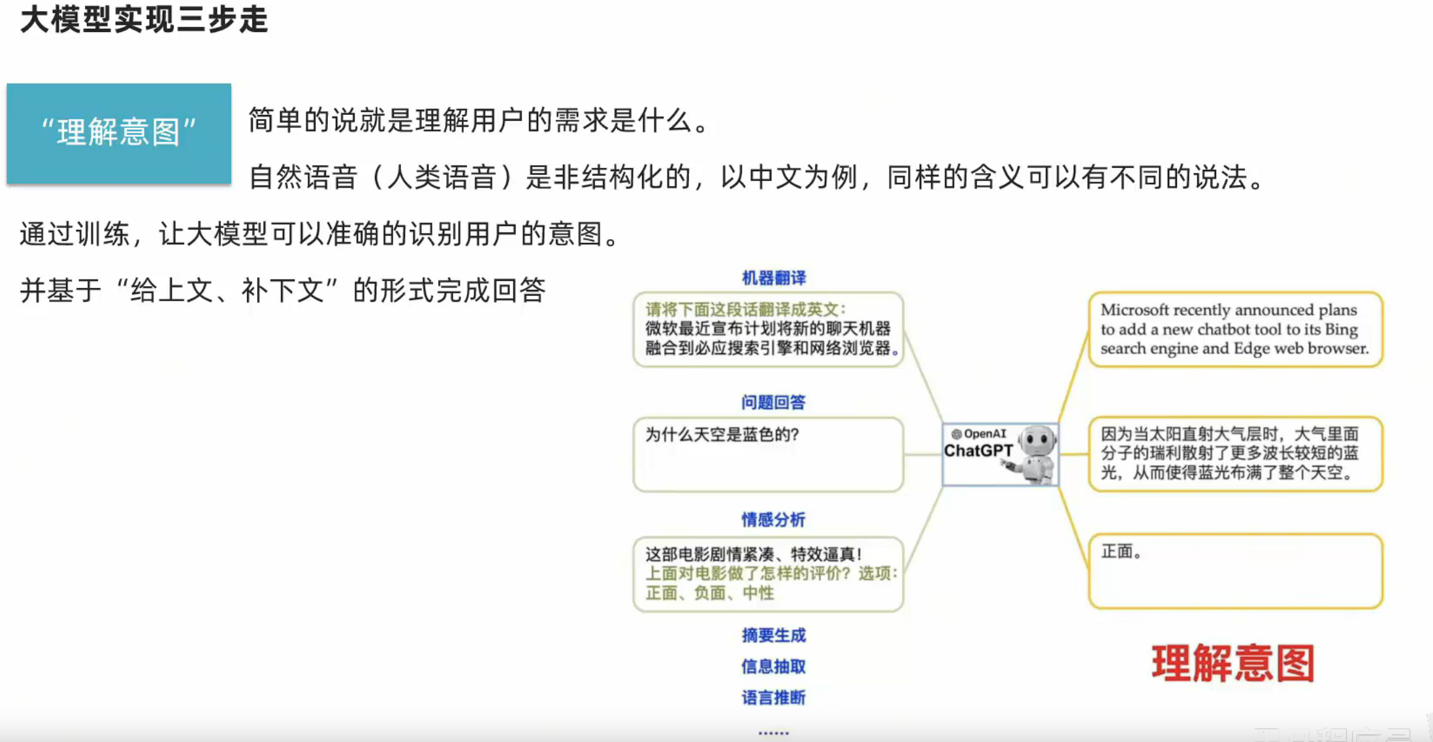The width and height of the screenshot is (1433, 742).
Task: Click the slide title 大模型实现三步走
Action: point(144,20)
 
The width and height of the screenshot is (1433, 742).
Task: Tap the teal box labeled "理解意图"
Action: point(119,133)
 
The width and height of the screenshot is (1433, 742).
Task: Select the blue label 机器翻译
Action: point(773,278)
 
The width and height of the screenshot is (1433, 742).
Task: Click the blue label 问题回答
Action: point(773,402)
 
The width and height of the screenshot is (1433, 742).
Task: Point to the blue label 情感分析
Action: point(773,520)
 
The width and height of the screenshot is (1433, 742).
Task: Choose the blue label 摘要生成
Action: point(773,635)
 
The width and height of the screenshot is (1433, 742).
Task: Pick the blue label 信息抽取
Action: point(773,666)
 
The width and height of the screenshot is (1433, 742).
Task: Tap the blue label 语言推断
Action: point(773,698)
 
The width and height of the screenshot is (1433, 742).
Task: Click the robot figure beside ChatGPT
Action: point(1035,455)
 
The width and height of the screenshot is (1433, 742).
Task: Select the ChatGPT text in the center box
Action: point(978,451)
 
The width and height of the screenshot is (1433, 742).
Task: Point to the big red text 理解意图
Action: point(1232,664)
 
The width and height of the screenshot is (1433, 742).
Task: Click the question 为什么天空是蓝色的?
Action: point(722,435)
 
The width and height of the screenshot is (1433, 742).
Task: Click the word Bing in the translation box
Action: point(1341,329)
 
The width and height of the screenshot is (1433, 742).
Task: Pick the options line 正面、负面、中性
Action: point(709,593)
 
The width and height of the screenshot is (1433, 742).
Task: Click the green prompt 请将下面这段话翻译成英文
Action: point(745,310)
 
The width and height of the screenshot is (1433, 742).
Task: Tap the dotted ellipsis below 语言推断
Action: point(773,733)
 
